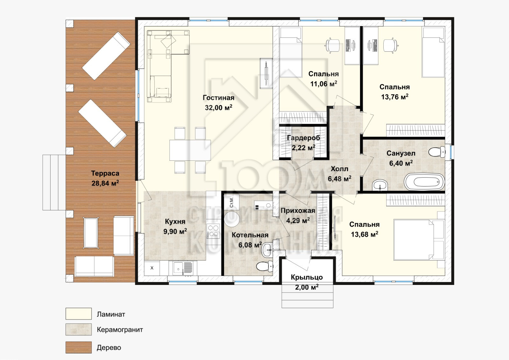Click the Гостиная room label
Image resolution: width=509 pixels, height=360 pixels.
click(218, 98)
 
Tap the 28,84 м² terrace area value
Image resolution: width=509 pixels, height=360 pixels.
click(105, 183)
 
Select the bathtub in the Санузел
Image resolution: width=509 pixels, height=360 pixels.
click(424, 182)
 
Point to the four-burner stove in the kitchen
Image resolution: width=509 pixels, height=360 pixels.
click(213, 231)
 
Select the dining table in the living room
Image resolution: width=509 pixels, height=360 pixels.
click(190, 150)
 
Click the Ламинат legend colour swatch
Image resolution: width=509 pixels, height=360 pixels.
click(79, 314)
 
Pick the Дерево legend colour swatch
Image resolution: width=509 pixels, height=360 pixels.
click(79, 347)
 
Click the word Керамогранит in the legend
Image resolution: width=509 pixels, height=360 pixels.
click(120, 329)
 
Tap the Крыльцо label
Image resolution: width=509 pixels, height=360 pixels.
click(307, 277)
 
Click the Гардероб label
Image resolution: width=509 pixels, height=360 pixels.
click(303, 138)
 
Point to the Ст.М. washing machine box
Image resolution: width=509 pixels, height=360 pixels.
click(232, 202)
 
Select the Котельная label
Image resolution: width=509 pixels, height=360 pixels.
click(250, 235)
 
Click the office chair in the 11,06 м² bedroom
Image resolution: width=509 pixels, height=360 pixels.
click(333, 46)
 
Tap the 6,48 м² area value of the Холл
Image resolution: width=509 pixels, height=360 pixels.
click(339, 179)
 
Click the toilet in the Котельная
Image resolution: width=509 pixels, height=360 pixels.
click(264, 266)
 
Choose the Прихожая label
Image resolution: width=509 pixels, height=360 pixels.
click(298, 211)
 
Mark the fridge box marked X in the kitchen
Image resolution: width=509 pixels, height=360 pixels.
click(152, 268)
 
